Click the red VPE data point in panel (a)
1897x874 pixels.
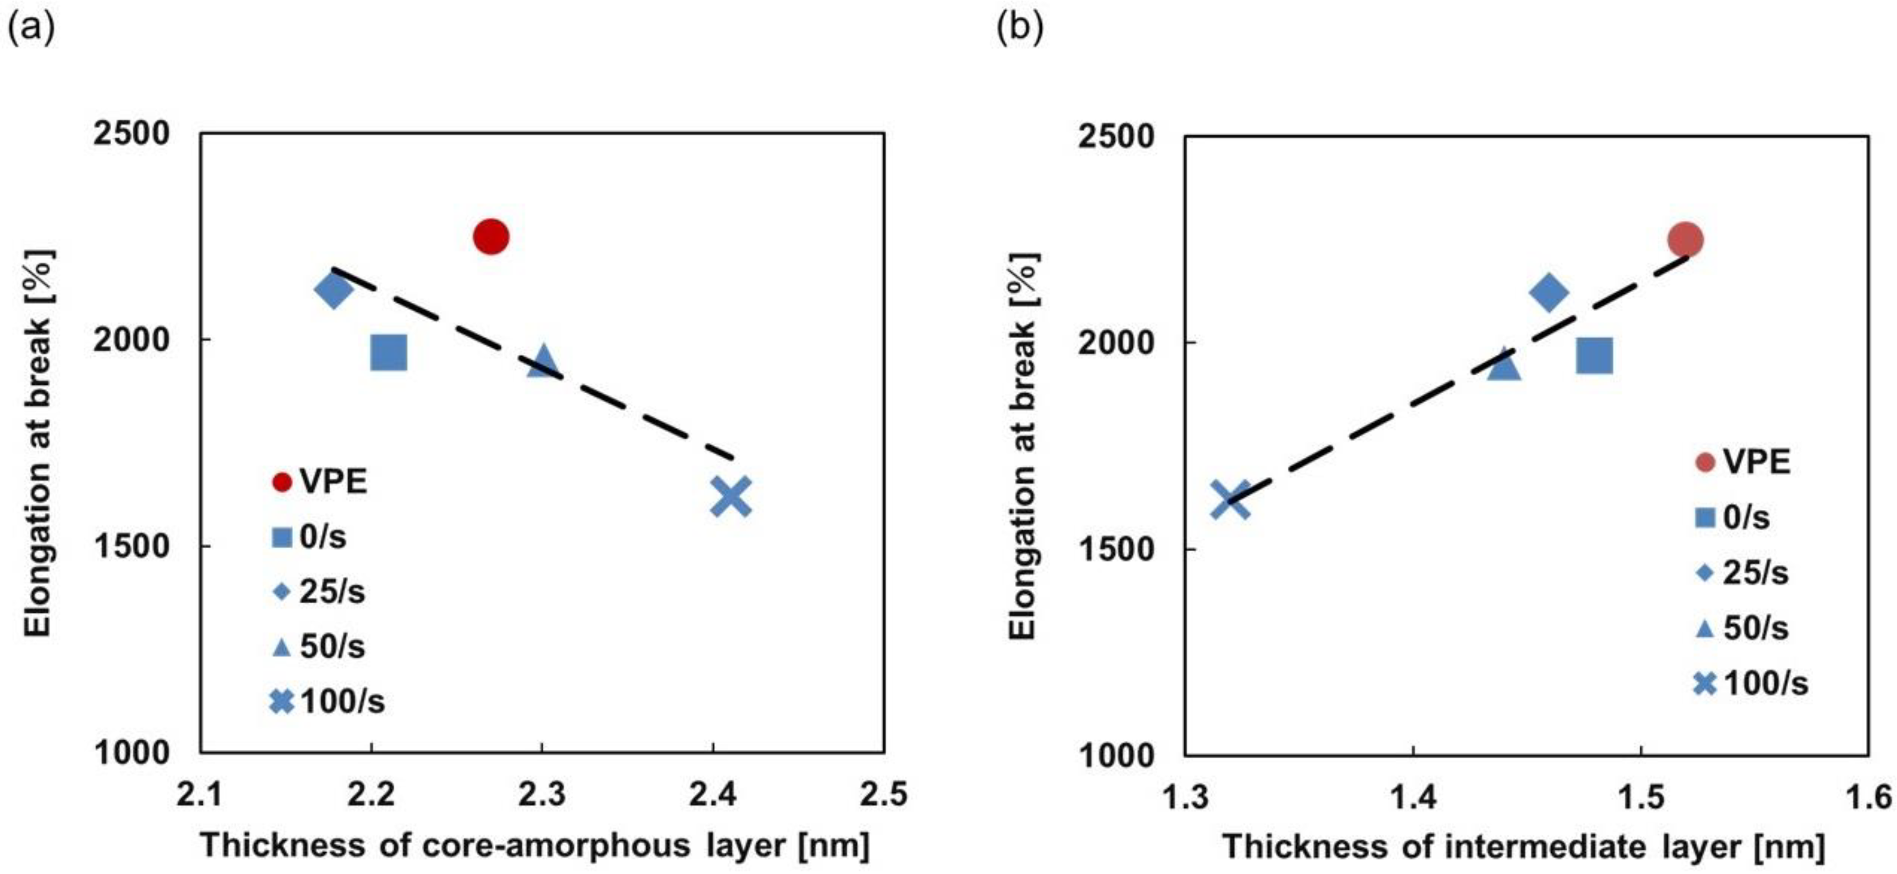tap(491, 236)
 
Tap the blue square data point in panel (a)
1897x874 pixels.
tap(389, 353)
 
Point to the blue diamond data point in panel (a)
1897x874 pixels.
tap(333, 290)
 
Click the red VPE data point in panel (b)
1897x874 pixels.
tap(1685, 239)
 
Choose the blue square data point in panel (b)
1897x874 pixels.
tap(1594, 356)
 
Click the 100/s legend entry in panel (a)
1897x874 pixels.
tap(328, 701)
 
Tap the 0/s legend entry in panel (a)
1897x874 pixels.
tap(309, 537)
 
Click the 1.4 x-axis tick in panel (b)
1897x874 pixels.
tap(1412, 798)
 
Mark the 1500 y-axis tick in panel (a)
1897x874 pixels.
tap(131, 547)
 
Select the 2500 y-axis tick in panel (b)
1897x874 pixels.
tap(1115, 137)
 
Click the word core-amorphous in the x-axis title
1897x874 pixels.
tap(557, 845)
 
